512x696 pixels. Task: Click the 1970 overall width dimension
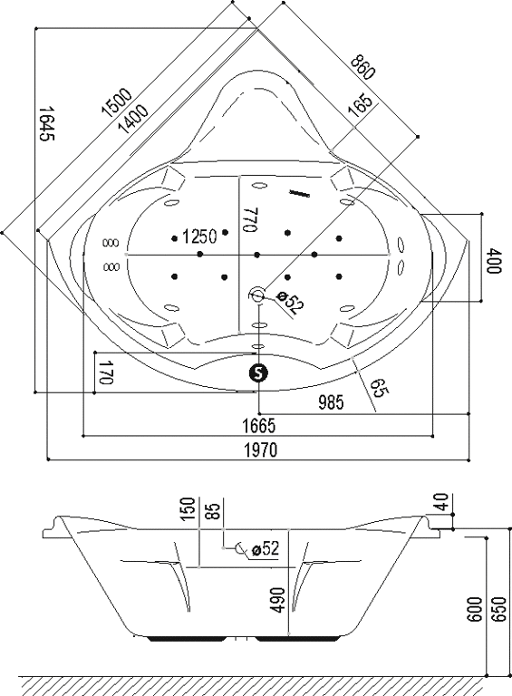pyautogui.click(x=261, y=449)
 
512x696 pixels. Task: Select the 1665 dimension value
pyautogui.click(x=259, y=426)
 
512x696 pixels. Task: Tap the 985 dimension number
pyautogui.click(x=332, y=402)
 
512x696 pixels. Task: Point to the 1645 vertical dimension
pyautogui.click(x=46, y=123)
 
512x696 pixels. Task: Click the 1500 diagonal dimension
pyautogui.click(x=117, y=101)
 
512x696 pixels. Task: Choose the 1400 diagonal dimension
pyautogui.click(x=133, y=119)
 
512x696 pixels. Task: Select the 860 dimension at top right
pyautogui.click(x=363, y=67)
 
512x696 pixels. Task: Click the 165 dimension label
pyautogui.click(x=360, y=105)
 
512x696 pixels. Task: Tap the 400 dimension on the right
pyautogui.click(x=495, y=261)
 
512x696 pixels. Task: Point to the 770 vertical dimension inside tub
pyautogui.click(x=250, y=218)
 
